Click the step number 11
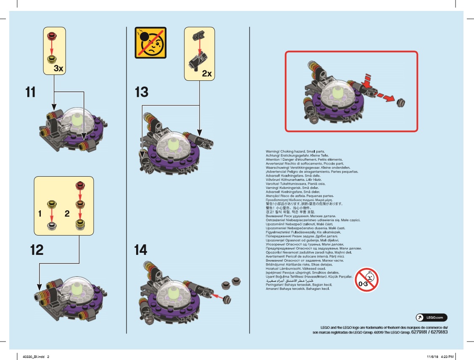(30, 92)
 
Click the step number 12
(37, 250)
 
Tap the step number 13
(142, 92)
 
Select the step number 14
(141, 250)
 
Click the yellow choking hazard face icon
(150, 42)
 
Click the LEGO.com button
(432, 318)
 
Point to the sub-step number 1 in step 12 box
(40, 214)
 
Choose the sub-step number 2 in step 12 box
(67, 214)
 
